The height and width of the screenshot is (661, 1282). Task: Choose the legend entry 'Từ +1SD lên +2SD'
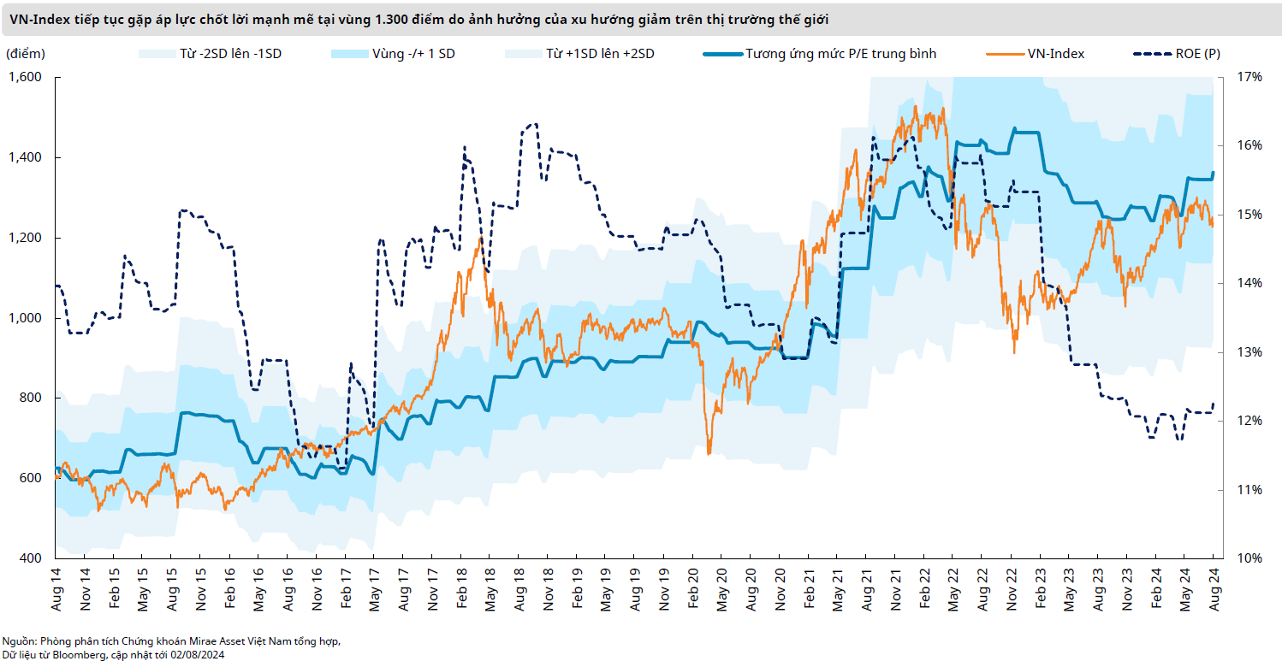pos(600,54)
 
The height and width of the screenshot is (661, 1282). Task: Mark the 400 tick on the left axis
pos(32,558)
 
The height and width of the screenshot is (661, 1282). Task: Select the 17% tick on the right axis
pos(1249,78)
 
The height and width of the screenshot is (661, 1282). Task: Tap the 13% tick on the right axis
pos(1249,352)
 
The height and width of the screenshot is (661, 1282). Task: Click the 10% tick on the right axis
pos(1249,558)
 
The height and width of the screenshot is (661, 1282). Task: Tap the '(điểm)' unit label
pos(26,54)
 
